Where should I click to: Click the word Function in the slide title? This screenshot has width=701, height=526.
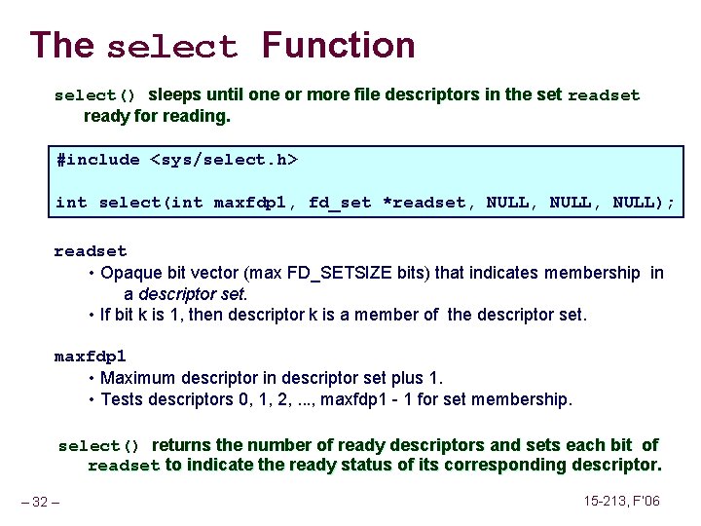(x=338, y=46)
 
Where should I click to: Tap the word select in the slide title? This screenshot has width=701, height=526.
(x=171, y=48)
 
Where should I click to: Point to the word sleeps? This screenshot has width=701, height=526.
(x=174, y=94)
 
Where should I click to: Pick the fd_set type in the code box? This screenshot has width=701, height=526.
(x=340, y=203)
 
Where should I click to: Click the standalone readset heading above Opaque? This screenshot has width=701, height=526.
(x=91, y=251)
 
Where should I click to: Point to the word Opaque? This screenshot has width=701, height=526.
(x=129, y=273)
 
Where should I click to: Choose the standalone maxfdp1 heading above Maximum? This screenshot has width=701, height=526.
(x=91, y=357)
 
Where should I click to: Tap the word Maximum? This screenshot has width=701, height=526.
(x=137, y=378)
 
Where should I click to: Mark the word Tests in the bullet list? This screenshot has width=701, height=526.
(x=122, y=399)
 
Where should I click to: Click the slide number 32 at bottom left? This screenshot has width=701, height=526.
(x=40, y=503)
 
